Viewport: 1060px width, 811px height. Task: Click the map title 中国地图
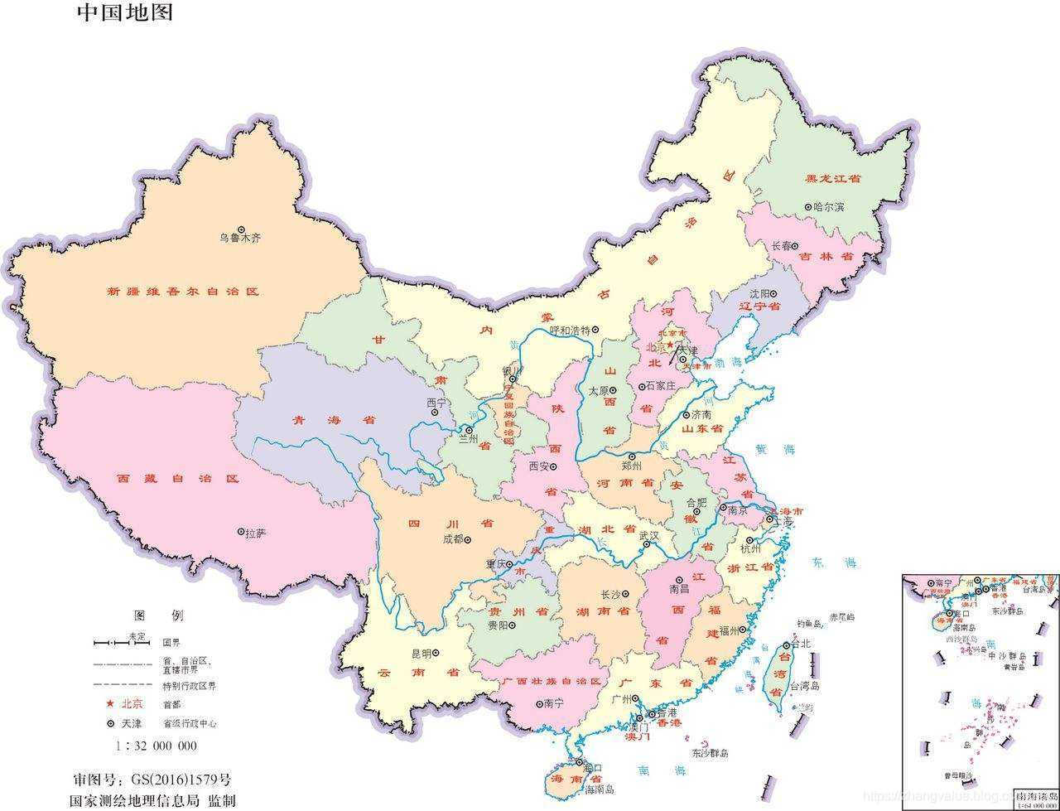coord(125,13)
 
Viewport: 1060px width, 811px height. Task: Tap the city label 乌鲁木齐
coord(240,239)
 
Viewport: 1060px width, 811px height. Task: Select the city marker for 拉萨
coord(241,532)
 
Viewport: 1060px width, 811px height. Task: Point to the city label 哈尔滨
coord(828,207)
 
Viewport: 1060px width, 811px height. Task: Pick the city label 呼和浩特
coord(569,330)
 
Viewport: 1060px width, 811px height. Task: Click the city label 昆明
coord(422,654)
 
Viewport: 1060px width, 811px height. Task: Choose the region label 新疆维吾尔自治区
coord(182,292)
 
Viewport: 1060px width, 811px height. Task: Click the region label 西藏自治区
coord(177,479)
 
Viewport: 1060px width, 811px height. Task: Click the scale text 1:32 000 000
coord(157,746)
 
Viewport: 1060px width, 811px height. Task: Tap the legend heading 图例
coord(159,616)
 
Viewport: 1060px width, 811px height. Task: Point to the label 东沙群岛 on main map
coord(710,753)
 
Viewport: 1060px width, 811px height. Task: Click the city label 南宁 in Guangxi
coord(553,703)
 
